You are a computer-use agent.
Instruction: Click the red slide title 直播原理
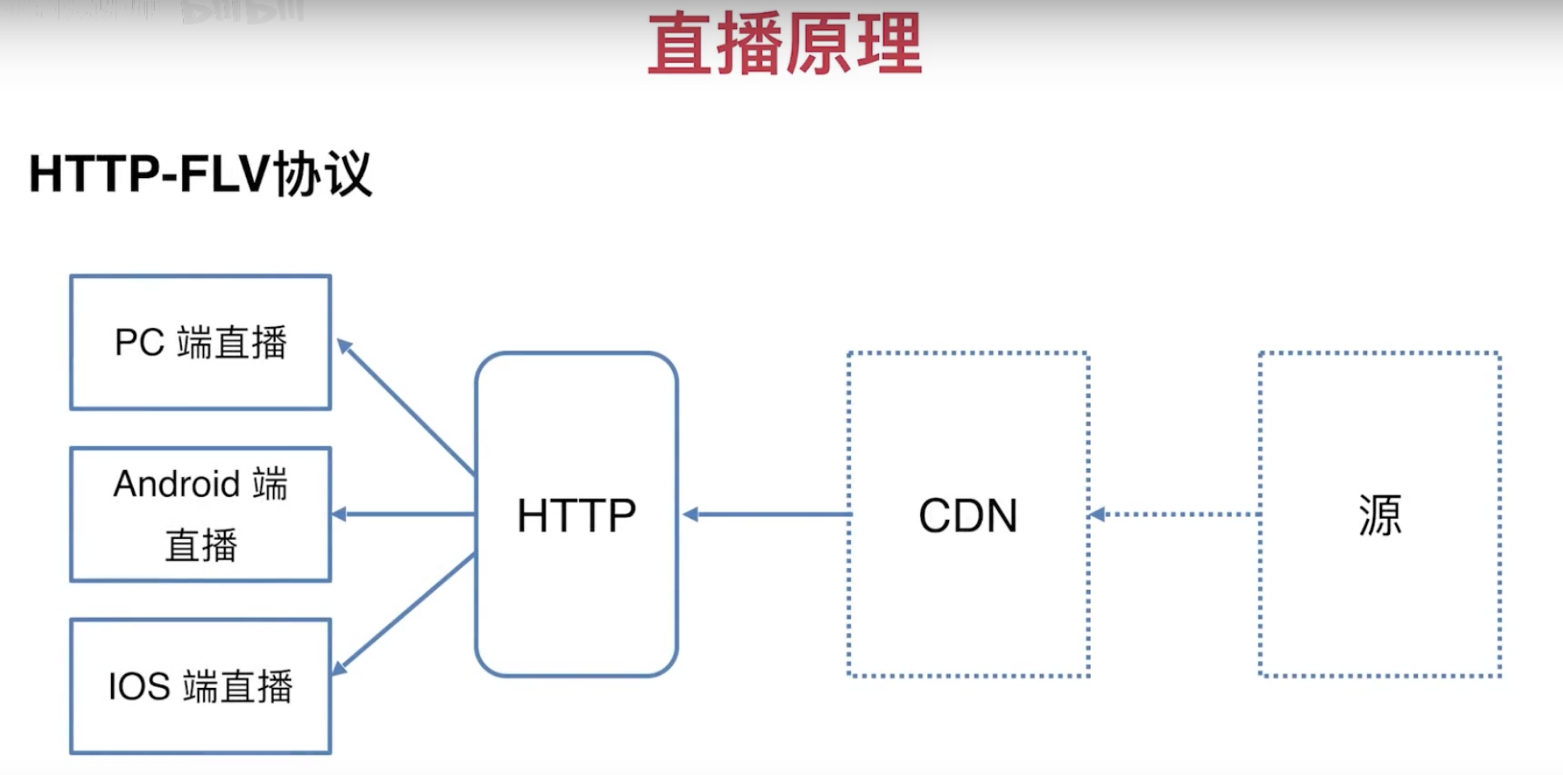coord(785,45)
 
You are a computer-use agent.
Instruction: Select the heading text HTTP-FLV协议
coord(201,173)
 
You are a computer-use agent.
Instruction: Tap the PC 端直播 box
coord(201,342)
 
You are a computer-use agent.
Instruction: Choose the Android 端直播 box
coord(201,514)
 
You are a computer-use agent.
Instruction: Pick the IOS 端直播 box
coord(201,686)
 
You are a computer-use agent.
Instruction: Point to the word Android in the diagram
coord(176,484)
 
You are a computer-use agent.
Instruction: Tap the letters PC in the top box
coord(139,342)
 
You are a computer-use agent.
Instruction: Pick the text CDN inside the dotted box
coord(968,516)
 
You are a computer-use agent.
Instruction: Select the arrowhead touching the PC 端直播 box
coord(344,346)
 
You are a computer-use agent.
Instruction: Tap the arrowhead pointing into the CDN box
coord(1097,514)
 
